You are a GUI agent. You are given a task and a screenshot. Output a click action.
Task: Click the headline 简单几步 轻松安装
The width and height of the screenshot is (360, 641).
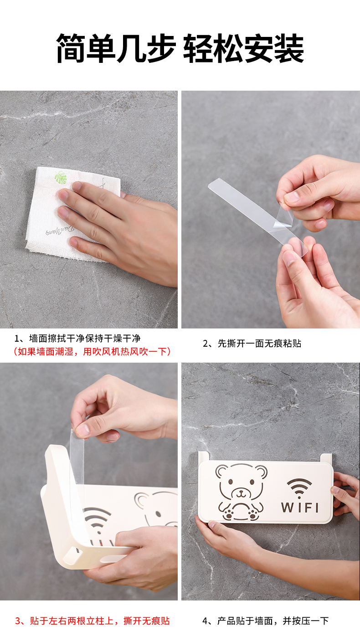pos(180,48)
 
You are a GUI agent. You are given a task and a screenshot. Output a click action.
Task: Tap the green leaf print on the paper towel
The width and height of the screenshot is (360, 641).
pos(61,177)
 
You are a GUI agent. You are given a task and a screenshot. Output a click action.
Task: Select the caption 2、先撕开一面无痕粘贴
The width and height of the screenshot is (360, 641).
pos(252,343)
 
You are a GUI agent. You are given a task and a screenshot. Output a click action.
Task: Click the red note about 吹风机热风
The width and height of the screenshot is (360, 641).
pos(92,351)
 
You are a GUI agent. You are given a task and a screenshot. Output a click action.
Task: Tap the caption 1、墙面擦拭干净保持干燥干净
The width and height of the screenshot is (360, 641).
pos(77,338)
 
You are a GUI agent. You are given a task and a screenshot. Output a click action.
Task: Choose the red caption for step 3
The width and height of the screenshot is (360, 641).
pos(92,620)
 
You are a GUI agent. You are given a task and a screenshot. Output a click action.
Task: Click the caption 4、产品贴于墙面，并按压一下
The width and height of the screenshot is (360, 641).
pos(266,620)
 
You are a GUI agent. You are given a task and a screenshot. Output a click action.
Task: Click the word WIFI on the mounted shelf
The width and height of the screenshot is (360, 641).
pos(299,508)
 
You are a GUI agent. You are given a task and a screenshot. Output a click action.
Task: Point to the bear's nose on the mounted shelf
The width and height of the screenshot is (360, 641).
pos(241,492)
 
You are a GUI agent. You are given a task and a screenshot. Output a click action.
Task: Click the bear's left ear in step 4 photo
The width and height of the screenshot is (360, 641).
pos(222,471)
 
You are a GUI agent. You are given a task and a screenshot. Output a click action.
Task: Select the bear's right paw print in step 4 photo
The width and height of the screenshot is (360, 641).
pos(253,514)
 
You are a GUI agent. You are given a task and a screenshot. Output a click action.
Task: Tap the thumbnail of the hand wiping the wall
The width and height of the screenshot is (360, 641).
pos(89,210)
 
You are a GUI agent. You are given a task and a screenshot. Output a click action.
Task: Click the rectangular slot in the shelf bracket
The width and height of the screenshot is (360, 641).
pos(75,550)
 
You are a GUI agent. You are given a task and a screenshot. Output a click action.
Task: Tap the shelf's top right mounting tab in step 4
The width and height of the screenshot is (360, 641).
pos(326,458)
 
